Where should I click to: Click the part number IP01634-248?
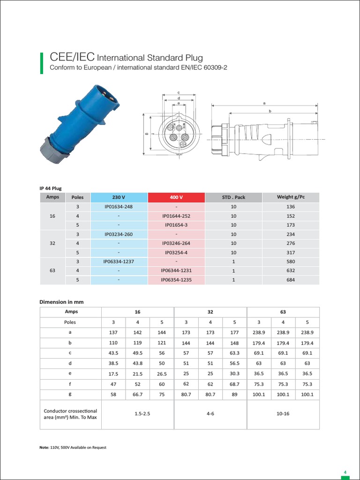119,207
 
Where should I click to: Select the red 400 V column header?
176,197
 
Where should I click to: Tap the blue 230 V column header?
119,197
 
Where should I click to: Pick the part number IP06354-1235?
176,280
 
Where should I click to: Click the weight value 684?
291,280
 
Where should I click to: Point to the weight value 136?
291,207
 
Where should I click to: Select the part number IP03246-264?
176,243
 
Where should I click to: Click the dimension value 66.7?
137,395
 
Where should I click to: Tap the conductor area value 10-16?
283,414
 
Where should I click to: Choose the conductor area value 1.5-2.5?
137,414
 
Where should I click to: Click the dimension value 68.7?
234,384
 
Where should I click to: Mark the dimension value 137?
113,332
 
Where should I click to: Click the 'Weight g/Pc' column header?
291,197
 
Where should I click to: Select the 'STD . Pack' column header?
233,197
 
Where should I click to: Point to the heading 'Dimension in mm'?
61,302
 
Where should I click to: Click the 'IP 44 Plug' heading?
51,187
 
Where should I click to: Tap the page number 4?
345,472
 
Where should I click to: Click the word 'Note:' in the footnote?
44,447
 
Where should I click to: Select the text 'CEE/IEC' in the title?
72,57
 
